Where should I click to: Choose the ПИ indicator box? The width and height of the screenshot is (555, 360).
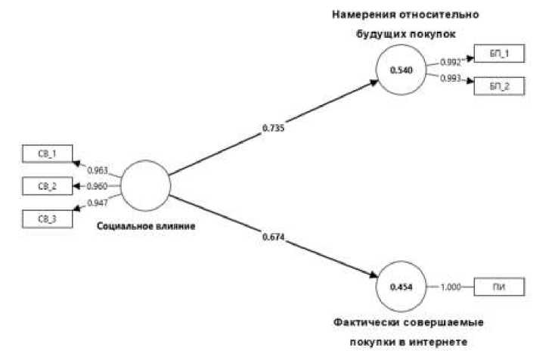[x=498, y=287]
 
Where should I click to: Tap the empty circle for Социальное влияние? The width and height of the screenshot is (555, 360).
[x=144, y=185]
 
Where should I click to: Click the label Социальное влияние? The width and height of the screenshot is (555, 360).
[x=147, y=227]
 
